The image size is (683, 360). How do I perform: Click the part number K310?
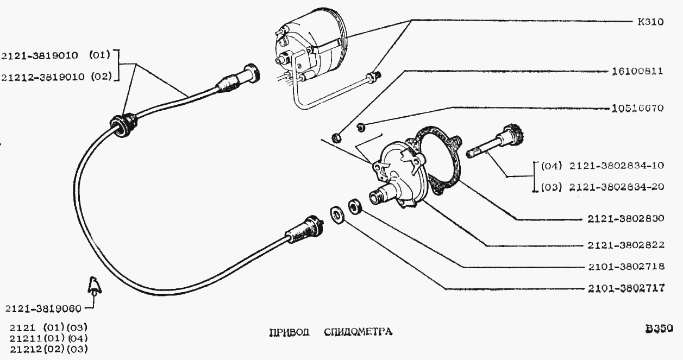(650, 22)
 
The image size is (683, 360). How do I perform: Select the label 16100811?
(637, 71)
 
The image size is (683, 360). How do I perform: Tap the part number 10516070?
(637, 108)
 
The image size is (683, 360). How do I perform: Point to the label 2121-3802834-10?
(617, 166)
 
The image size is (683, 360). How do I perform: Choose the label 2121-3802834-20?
(617, 187)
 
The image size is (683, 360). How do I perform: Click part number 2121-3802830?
(626, 219)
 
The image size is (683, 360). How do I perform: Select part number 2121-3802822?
(626, 245)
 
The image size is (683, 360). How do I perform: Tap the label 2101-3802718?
(626, 267)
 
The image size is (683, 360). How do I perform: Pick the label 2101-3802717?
(626, 288)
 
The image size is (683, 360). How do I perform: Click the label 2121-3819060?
(43, 309)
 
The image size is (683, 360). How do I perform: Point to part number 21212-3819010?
(43, 77)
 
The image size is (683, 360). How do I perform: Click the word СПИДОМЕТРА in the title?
(358, 332)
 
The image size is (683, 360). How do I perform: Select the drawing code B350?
(659, 329)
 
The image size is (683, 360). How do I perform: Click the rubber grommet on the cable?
(123, 125)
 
